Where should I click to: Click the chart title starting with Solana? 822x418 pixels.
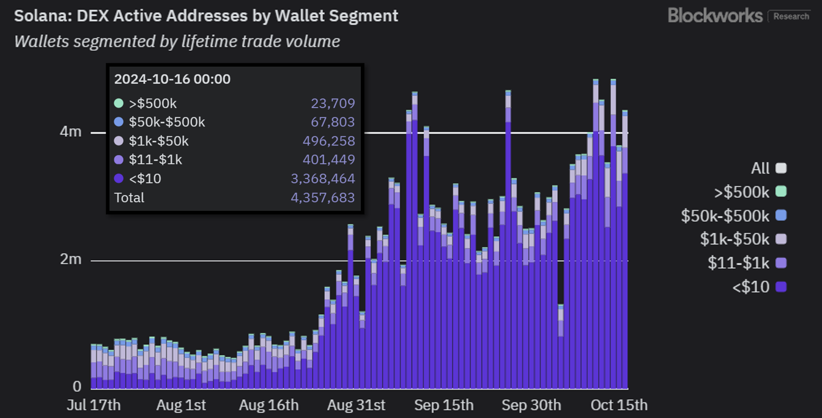tap(206, 16)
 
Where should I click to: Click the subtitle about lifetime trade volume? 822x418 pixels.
tap(177, 42)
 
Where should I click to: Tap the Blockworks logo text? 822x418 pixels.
tap(715, 15)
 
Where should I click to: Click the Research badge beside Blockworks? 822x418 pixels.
tap(791, 16)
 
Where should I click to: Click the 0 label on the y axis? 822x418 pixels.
tap(76, 386)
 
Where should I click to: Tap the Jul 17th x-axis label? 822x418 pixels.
tap(93, 405)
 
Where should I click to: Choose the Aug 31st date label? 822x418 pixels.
tap(357, 405)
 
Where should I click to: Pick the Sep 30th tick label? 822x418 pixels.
tap(531, 405)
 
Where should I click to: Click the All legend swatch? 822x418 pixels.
tap(780, 168)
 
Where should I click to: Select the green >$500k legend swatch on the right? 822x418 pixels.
tap(780, 192)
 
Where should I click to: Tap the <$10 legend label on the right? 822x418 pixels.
tap(750, 287)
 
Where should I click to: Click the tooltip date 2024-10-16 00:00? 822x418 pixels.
tap(172, 79)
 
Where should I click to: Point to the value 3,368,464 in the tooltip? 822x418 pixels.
tap(322, 179)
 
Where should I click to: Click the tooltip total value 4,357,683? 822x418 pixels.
tap(322, 198)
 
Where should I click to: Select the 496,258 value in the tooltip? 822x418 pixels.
tap(328, 141)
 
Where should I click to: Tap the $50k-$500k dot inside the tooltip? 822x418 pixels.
tap(119, 122)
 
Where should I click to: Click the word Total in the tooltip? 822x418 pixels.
tap(130, 198)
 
